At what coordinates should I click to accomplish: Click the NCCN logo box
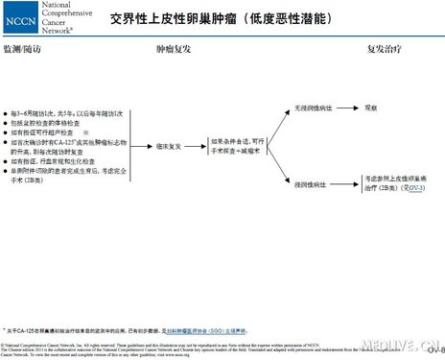point(21,16)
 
